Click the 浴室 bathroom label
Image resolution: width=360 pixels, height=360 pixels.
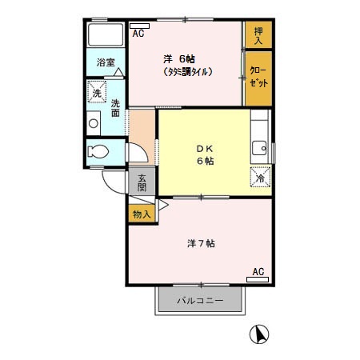coord(106,62)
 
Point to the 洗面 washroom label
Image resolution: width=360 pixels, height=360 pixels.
coord(116,107)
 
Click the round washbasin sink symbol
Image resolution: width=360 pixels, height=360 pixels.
coord(94,123)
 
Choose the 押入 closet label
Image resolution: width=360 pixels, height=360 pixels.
coord(258,34)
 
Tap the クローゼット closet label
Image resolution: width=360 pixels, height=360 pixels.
coord(258,77)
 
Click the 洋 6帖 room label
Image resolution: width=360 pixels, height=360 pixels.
coord(180,58)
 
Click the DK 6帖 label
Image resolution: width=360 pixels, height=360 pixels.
coord(204,154)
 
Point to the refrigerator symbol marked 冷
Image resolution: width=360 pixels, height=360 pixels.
coord(261,178)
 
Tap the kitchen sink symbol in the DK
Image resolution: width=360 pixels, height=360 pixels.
coord(261,147)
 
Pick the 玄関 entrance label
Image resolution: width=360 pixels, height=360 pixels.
coord(142,182)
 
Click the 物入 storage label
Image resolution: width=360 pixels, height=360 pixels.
coord(140,214)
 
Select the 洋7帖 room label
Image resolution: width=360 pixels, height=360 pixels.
coord(201,242)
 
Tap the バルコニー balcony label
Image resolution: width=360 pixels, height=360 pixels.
coord(199,301)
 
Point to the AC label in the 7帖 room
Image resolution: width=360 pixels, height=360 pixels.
coord(258,272)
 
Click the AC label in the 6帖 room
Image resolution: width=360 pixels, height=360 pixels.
coord(138,33)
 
